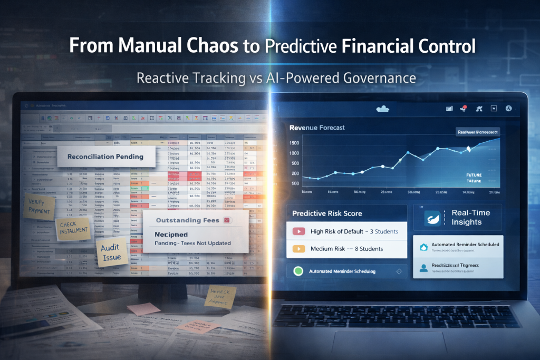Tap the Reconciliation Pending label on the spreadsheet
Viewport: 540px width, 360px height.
(x=104, y=157)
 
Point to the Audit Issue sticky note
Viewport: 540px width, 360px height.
(x=112, y=252)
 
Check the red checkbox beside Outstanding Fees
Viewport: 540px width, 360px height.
(x=227, y=220)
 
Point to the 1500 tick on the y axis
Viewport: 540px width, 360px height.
(x=294, y=142)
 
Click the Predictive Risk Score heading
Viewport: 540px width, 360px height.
(x=327, y=213)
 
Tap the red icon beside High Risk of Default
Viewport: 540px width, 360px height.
(x=298, y=231)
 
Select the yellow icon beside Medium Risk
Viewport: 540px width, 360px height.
(x=298, y=248)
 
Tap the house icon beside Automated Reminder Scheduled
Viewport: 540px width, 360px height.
(x=423, y=247)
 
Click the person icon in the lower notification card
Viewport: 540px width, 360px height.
(x=423, y=268)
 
